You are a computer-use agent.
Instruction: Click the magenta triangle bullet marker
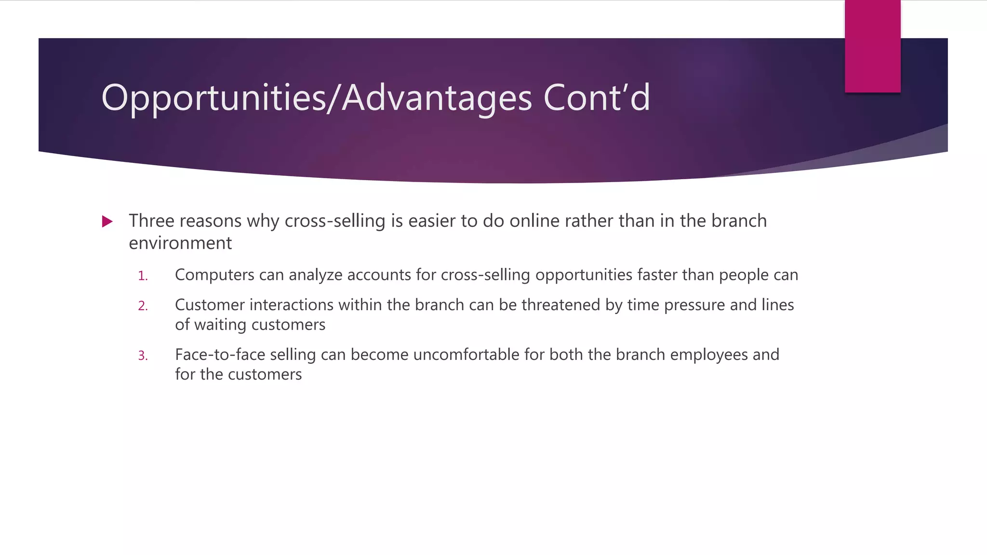coord(107,222)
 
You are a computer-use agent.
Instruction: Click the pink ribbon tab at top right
coord(872,46)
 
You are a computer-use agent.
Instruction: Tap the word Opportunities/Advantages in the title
coord(317,98)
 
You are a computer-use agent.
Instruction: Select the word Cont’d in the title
coord(597,98)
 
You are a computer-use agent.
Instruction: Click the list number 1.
coord(143,276)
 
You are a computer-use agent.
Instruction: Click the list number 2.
coord(143,306)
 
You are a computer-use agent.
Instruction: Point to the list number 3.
coord(143,356)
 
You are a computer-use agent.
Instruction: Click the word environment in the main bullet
coord(180,243)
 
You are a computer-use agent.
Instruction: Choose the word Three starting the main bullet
coord(151,221)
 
